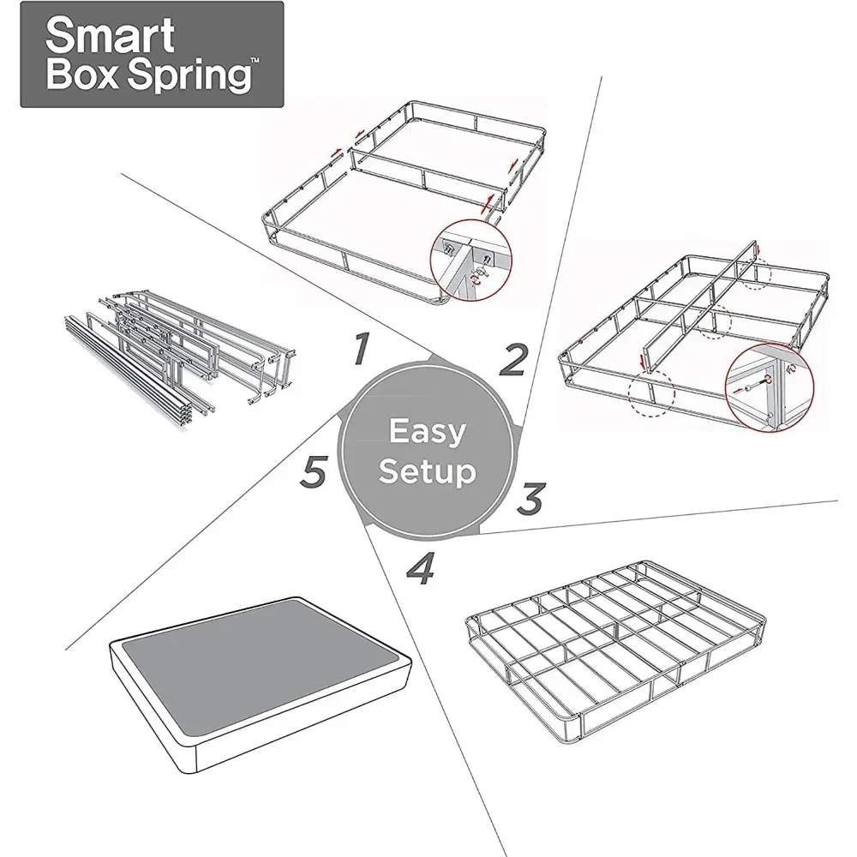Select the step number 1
361,349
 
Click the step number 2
512,361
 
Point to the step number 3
531,497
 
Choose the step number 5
315,470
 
